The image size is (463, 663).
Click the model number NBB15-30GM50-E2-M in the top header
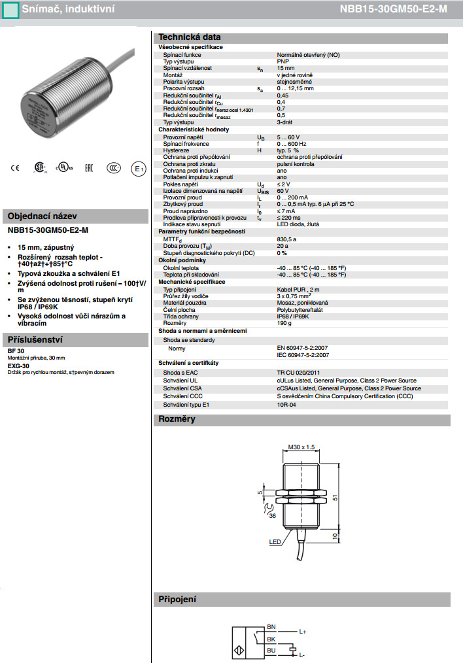(x=394, y=10)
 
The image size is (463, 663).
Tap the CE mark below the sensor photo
(x=15, y=168)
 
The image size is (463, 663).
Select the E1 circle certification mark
(x=138, y=168)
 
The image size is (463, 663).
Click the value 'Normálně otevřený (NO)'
(x=308, y=56)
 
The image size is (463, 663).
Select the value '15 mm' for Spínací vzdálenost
(x=286, y=68)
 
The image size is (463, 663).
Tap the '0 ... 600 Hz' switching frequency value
(x=292, y=144)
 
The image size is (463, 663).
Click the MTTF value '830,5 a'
(x=287, y=240)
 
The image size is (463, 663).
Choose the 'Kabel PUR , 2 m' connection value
(x=298, y=290)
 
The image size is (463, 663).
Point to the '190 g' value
(x=284, y=322)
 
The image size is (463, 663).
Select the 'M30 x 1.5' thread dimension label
(x=301, y=447)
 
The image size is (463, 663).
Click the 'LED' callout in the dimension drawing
(x=275, y=542)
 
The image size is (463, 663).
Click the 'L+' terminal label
(x=303, y=632)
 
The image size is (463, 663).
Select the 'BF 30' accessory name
(x=16, y=352)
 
